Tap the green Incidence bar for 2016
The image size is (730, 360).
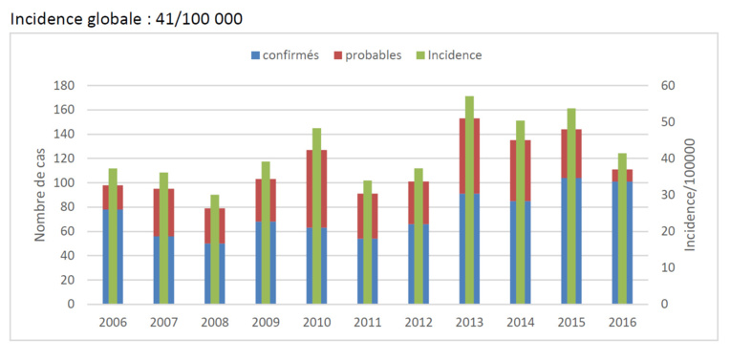point(621,228)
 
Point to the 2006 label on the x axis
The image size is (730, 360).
point(113,322)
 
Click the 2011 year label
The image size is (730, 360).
point(367,322)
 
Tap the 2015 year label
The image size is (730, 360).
point(570,322)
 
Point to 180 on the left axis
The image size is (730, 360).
point(64,86)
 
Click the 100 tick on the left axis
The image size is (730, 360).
point(64,183)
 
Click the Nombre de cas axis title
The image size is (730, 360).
point(41,195)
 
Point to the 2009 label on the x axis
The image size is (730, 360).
point(266,322)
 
